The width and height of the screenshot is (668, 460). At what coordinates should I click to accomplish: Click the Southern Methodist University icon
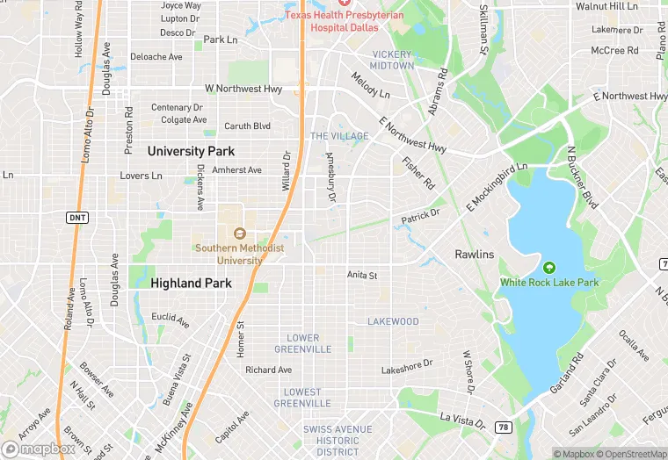[239, 233]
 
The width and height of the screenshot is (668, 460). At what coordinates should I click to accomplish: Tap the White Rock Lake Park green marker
[549, 267]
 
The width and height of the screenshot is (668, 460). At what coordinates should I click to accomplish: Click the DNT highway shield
[76, 217]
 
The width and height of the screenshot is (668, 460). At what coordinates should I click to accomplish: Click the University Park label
[191, 151]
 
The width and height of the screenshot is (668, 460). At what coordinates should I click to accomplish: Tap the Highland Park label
[191, 283]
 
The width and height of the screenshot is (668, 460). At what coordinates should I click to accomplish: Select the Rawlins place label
[474, 254]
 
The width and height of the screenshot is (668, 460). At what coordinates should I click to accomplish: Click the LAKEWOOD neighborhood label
[393, 321]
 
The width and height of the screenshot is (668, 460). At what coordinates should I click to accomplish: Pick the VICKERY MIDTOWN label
[391, 60]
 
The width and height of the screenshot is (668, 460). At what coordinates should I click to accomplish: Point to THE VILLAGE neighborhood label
[338, 136]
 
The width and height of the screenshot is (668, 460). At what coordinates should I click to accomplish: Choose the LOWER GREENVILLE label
[303, 343]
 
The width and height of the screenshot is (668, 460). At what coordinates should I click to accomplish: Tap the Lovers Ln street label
[141, 176]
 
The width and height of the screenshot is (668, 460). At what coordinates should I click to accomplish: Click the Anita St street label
[361, 275]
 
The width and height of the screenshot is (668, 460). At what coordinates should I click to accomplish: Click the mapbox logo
[39, 449]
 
